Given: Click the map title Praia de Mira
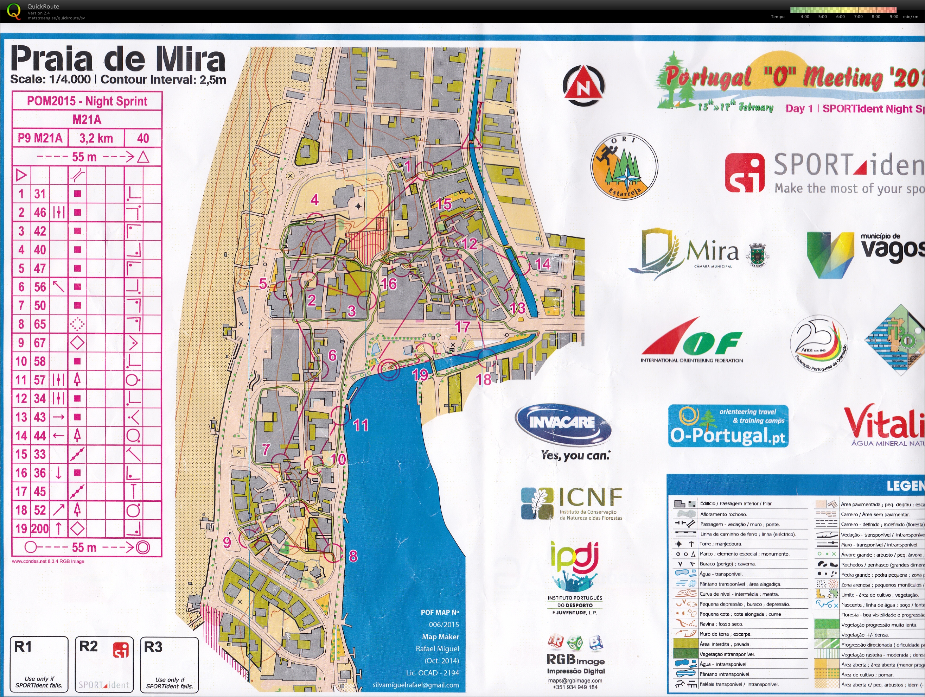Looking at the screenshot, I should (117, 59).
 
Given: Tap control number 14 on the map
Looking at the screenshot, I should (542, 264).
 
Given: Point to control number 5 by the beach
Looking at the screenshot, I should (263, 284).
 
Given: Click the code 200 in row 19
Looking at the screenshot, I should (40, 529).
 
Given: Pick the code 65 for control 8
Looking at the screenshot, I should (40, 324).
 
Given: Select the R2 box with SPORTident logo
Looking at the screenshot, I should (104, 664).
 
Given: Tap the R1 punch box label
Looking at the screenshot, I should (23, 647).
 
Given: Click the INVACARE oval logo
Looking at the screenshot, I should (562, 423).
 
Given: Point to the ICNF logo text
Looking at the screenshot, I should (590, 497).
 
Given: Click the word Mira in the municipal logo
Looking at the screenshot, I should (713, 252).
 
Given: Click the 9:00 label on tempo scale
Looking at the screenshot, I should (894, 17).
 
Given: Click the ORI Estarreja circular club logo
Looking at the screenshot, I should (624, 166).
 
